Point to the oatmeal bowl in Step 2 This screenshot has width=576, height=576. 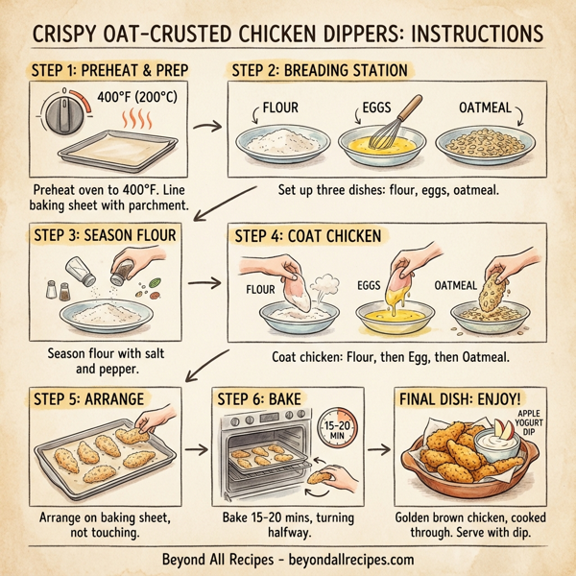[483, 142]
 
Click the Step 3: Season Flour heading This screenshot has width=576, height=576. [102, 236]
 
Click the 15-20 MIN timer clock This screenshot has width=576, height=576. [333, 430]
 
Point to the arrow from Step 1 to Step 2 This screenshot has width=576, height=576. [204, 125]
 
